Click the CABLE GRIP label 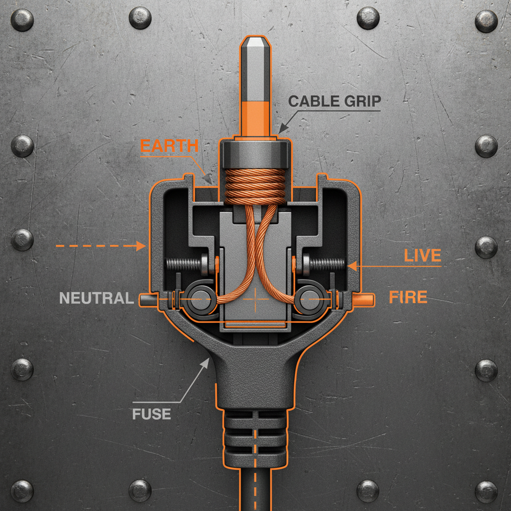coord(335,101)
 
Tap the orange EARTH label coord(169,146)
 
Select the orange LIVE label coord(422,256)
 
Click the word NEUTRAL coord(96,298)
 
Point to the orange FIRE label coord(408,298)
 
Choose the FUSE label coord(152,414)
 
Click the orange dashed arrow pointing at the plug coord(100,246)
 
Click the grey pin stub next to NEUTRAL coord(146,299)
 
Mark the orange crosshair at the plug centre coord(255,299)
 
